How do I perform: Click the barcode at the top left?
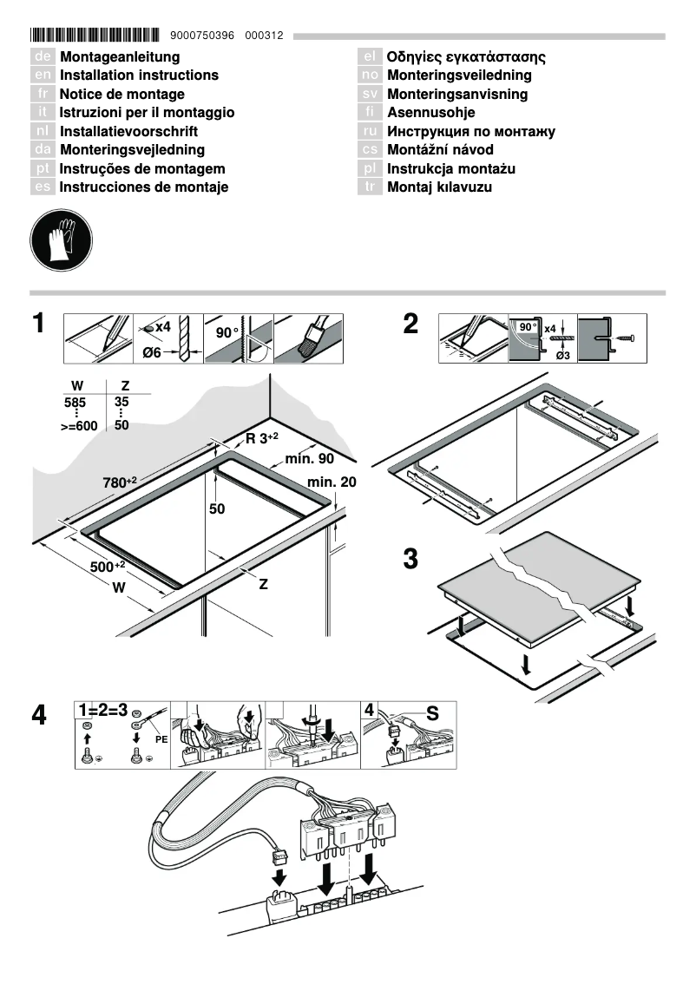(95, 36)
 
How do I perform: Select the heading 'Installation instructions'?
(139, 75)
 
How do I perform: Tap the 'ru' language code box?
(371, 132)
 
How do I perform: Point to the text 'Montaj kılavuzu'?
(439, 187)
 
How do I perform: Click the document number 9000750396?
(204, 36)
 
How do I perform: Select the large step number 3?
(411, 560)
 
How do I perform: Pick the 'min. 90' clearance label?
(310, 458)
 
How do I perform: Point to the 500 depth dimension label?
(108, 567)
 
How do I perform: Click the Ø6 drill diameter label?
(151, 352)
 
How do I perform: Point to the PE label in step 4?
(161, 740)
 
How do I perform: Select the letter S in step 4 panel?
(432, 713)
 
